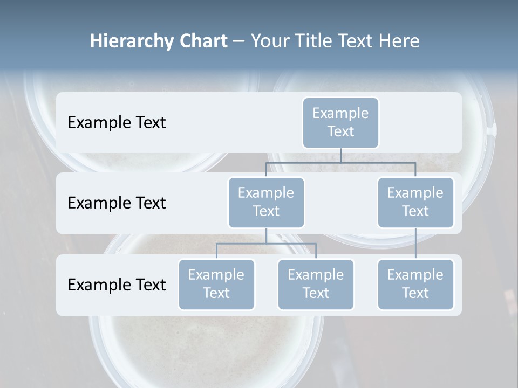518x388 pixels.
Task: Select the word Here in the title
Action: pos(400,41)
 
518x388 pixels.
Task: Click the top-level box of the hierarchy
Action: pos(340,122)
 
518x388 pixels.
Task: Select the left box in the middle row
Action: pos(266,202)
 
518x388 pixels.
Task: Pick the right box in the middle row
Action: pos(415,202)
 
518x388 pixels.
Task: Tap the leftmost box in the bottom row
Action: pos(216,284)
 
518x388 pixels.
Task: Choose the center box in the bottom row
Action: pos(316,284)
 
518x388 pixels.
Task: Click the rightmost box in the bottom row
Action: pos(415,284)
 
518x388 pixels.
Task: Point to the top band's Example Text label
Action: pos(117,122)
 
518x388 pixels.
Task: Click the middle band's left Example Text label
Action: pos(117,203)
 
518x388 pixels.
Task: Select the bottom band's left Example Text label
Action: pos(117,285)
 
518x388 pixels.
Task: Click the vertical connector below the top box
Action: pos(340,155)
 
